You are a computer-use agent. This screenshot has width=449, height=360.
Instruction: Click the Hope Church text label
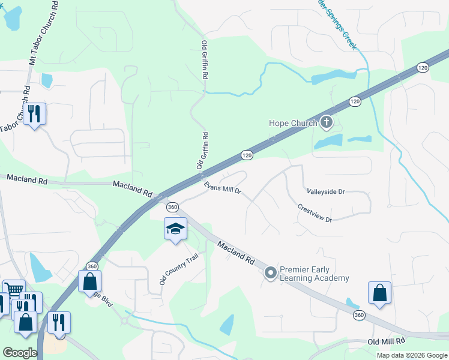coord(292,124)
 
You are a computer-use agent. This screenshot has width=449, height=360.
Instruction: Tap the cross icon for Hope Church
coord(326,123)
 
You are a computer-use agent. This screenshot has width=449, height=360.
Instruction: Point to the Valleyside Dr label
coord(326,192)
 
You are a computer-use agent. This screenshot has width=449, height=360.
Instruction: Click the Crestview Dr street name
coord(315,214)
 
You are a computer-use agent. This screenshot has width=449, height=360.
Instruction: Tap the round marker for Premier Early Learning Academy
coord(270,274)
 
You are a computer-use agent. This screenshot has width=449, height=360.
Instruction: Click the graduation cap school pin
coord(175,229)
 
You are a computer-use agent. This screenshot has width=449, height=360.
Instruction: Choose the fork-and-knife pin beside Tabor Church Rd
coord(35,112)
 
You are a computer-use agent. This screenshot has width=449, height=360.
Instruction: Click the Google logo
coord(20,352)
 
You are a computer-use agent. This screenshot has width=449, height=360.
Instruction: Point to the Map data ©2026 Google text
coord(412,355)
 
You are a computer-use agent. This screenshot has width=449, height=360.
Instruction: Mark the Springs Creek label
coord(339,27)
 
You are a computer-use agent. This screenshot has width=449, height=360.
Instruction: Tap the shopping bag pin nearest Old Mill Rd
coord(379,293)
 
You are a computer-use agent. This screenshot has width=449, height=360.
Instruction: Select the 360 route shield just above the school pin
coord(173,207)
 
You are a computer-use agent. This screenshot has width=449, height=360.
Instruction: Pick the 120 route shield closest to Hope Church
coord(355,101)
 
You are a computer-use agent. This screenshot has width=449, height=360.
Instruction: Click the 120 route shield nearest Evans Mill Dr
coord(247,155)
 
